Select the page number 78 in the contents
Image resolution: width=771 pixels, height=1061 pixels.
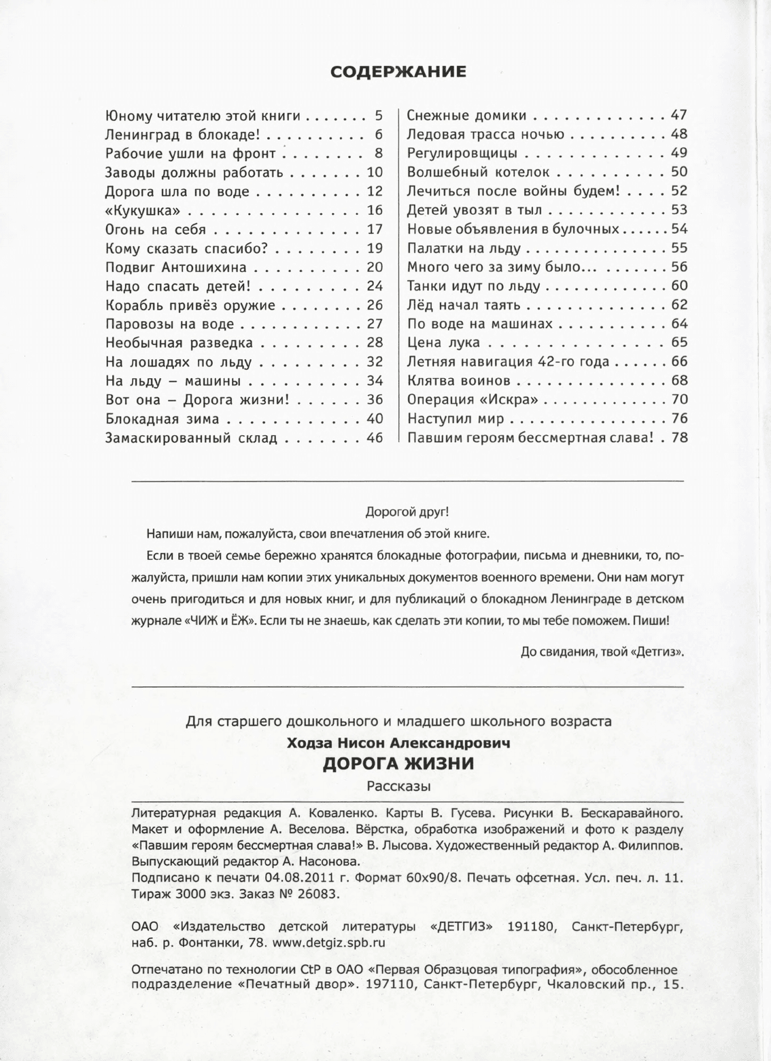coord(679,438)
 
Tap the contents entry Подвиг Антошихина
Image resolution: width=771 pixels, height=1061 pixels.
coord(176,267)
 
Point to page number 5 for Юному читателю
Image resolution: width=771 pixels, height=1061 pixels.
coord(379,116)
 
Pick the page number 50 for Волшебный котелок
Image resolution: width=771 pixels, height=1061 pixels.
coord(679,172)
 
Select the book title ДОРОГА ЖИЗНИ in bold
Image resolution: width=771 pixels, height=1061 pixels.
coord(398,763)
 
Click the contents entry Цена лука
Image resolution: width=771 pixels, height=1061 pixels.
coord(443,343)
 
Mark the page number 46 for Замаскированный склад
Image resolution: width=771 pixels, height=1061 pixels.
coord(375,438)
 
